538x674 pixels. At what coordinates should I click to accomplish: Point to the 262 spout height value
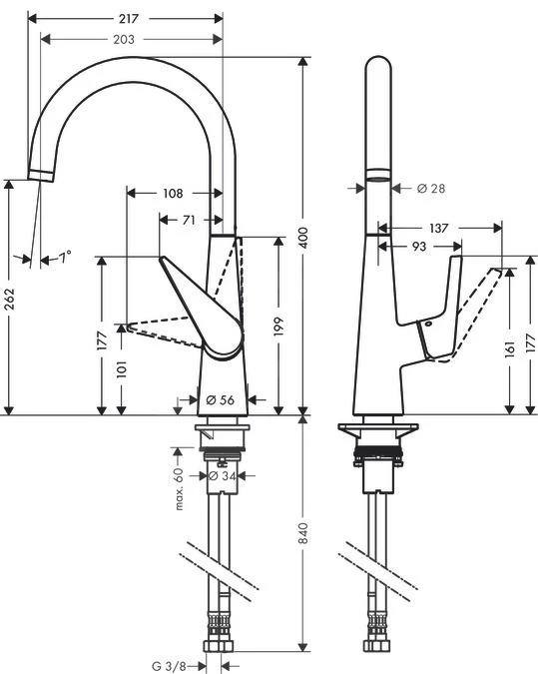(9, 298)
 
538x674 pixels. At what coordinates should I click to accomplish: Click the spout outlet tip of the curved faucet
(40, 176)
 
